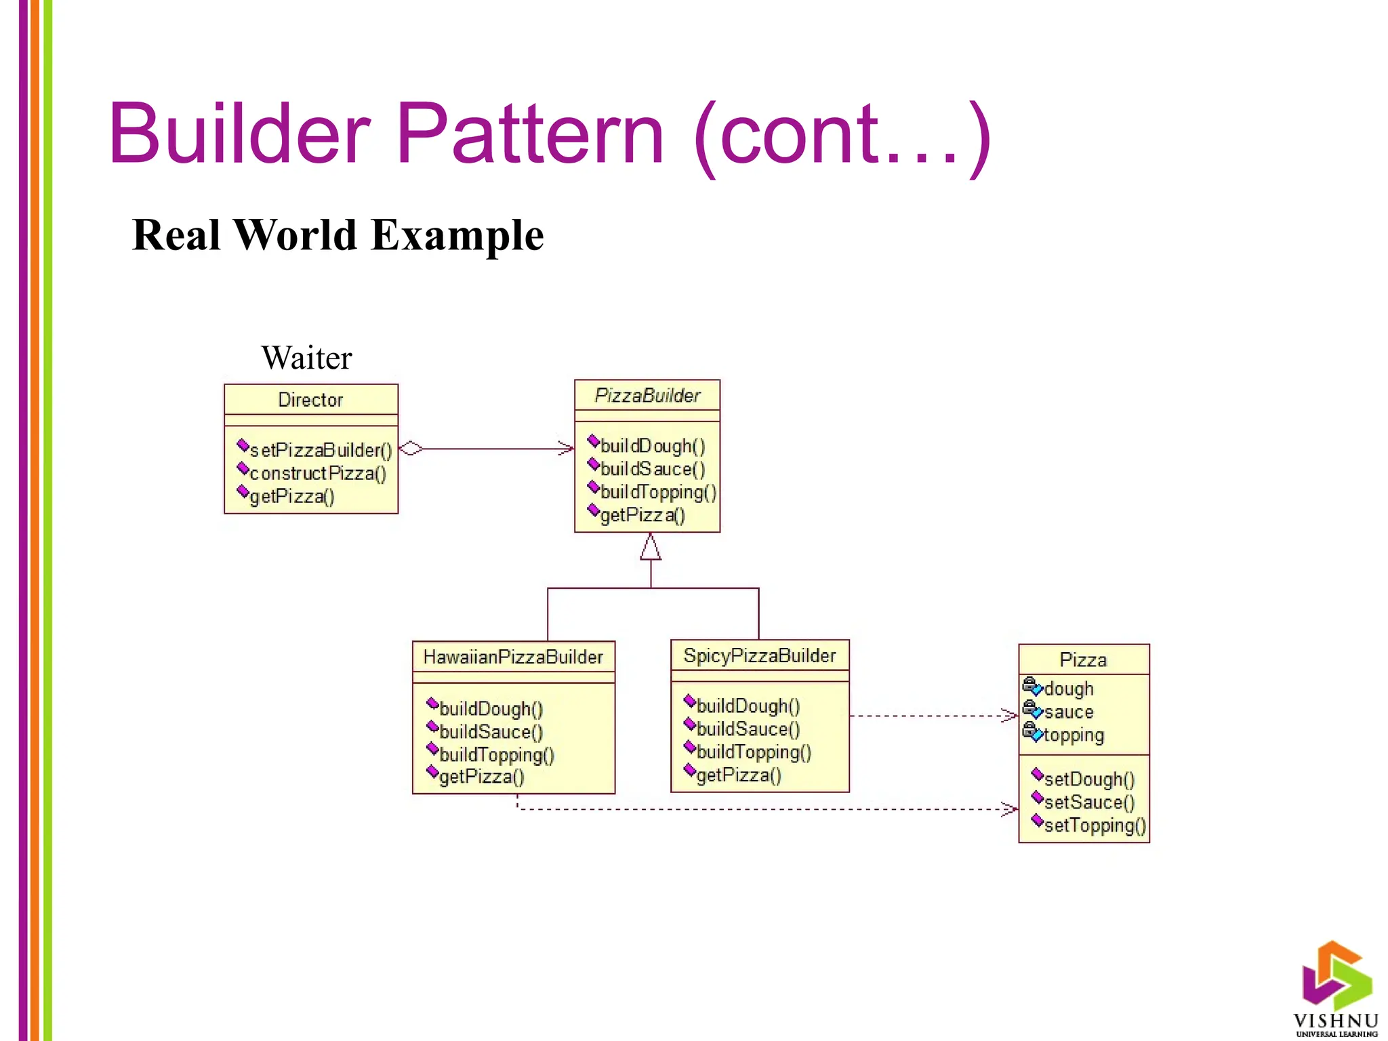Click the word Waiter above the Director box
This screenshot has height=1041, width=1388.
coord(306,358)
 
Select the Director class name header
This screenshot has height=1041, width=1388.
coord(310,400)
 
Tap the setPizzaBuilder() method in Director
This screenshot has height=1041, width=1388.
coord(320,450)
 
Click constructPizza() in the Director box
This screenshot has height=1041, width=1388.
coord(317,473)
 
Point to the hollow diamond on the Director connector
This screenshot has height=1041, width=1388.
coord(411,448)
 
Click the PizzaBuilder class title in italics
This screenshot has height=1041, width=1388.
coord(647,395)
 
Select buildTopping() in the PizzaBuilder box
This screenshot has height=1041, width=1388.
coord(657,492)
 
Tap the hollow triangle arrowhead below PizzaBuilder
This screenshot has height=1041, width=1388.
coord(651,548)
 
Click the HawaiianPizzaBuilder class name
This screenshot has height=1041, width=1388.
coord(513,657)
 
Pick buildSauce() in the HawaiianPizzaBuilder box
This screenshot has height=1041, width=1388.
coord(491,732)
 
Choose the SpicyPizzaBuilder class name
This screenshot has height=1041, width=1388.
coord(759,655)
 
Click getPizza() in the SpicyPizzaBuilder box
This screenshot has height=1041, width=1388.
coord(739,775)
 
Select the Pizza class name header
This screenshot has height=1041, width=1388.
coord(1083,659)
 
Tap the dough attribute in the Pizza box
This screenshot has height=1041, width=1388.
coord(1068,689)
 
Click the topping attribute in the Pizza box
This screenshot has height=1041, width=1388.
coord(1074,735)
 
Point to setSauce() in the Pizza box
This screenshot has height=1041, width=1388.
coord(1088,802)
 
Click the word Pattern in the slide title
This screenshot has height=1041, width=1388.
coord(529,134)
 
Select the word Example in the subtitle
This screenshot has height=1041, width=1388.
coord(457,235)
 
